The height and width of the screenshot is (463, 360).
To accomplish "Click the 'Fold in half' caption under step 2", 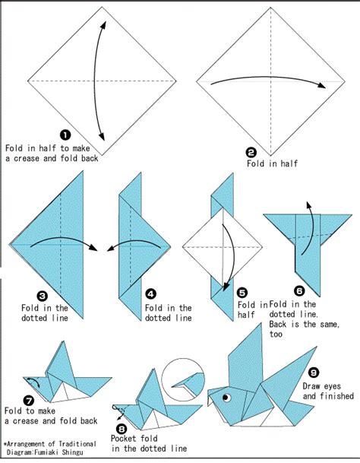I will click(x=270, y=163).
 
